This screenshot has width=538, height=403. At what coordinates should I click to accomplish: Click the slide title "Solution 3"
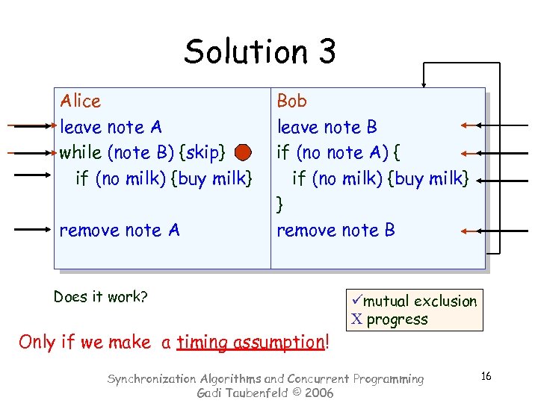[x=260, y=51]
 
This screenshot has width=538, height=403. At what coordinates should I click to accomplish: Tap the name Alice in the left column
[x=80, y=101]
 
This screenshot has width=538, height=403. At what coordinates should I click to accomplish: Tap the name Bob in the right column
[x=291, y=101]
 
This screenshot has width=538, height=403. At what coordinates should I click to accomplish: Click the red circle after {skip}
[x=243, y=153]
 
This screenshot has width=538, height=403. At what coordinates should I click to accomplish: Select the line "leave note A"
[x=111, y=127]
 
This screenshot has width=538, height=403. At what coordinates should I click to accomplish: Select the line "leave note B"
[x=327, y=127]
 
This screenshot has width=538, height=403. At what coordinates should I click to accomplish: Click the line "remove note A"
[x=120, y=231]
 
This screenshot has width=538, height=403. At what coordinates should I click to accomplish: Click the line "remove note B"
[x=336, y=231]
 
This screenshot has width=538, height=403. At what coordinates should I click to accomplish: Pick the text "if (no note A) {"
[x=338, y=153]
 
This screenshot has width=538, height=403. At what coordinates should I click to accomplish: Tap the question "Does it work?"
[x=100, y=297]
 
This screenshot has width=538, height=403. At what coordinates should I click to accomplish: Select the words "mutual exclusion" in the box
[x=420, y=302]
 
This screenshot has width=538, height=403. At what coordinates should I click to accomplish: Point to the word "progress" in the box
[x=398, y=319]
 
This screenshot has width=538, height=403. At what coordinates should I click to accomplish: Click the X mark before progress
[x=356, y=319]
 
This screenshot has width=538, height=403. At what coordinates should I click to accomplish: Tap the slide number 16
[x=486, y=376]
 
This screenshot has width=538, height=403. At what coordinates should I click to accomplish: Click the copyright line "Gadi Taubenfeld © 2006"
[x=265, y=393]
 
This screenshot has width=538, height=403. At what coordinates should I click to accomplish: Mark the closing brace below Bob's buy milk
[x=280, y=204]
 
